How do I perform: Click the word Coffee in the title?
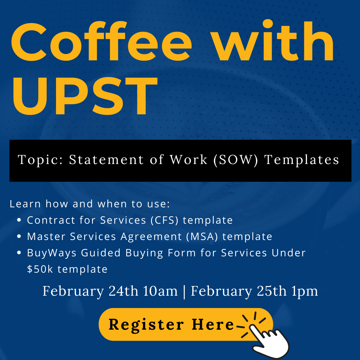coord(101,41)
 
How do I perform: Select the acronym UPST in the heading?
coord(85,96)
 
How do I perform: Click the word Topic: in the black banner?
coord(40,160)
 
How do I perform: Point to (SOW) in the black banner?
coord(236,160)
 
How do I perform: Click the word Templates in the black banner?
coord(302,160)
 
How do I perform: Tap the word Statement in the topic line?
coord(106,160)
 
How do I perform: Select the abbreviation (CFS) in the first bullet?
coord(164,220)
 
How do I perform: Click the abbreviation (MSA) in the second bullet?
coord(202,236)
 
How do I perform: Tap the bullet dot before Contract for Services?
coord(19,220)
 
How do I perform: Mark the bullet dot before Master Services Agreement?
coord(19,236)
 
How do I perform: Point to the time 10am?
coord(160,291)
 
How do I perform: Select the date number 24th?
coord(123,291)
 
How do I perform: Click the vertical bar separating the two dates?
coord(184,292)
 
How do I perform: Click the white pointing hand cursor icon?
coord(269,341)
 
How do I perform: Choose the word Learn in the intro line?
coord(25,204)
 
